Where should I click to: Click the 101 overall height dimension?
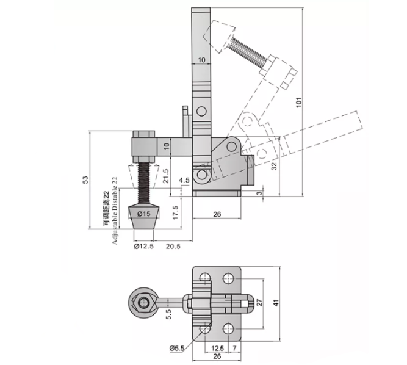299,102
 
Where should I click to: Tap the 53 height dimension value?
85,180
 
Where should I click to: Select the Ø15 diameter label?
144,214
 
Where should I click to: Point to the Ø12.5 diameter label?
144,246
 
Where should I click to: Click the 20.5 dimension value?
173,246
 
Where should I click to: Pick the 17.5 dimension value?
176,212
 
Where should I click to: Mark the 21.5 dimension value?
166,176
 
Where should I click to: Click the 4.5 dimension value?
184,180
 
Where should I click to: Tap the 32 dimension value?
274,166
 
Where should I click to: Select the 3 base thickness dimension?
259,193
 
